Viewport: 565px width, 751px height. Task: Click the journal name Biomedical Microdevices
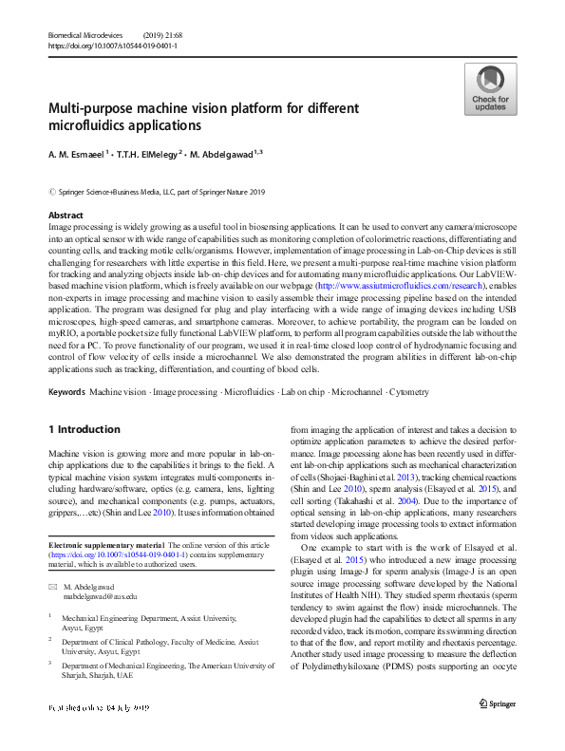[87, 34]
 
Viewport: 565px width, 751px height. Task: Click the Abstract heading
[66, 216]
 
